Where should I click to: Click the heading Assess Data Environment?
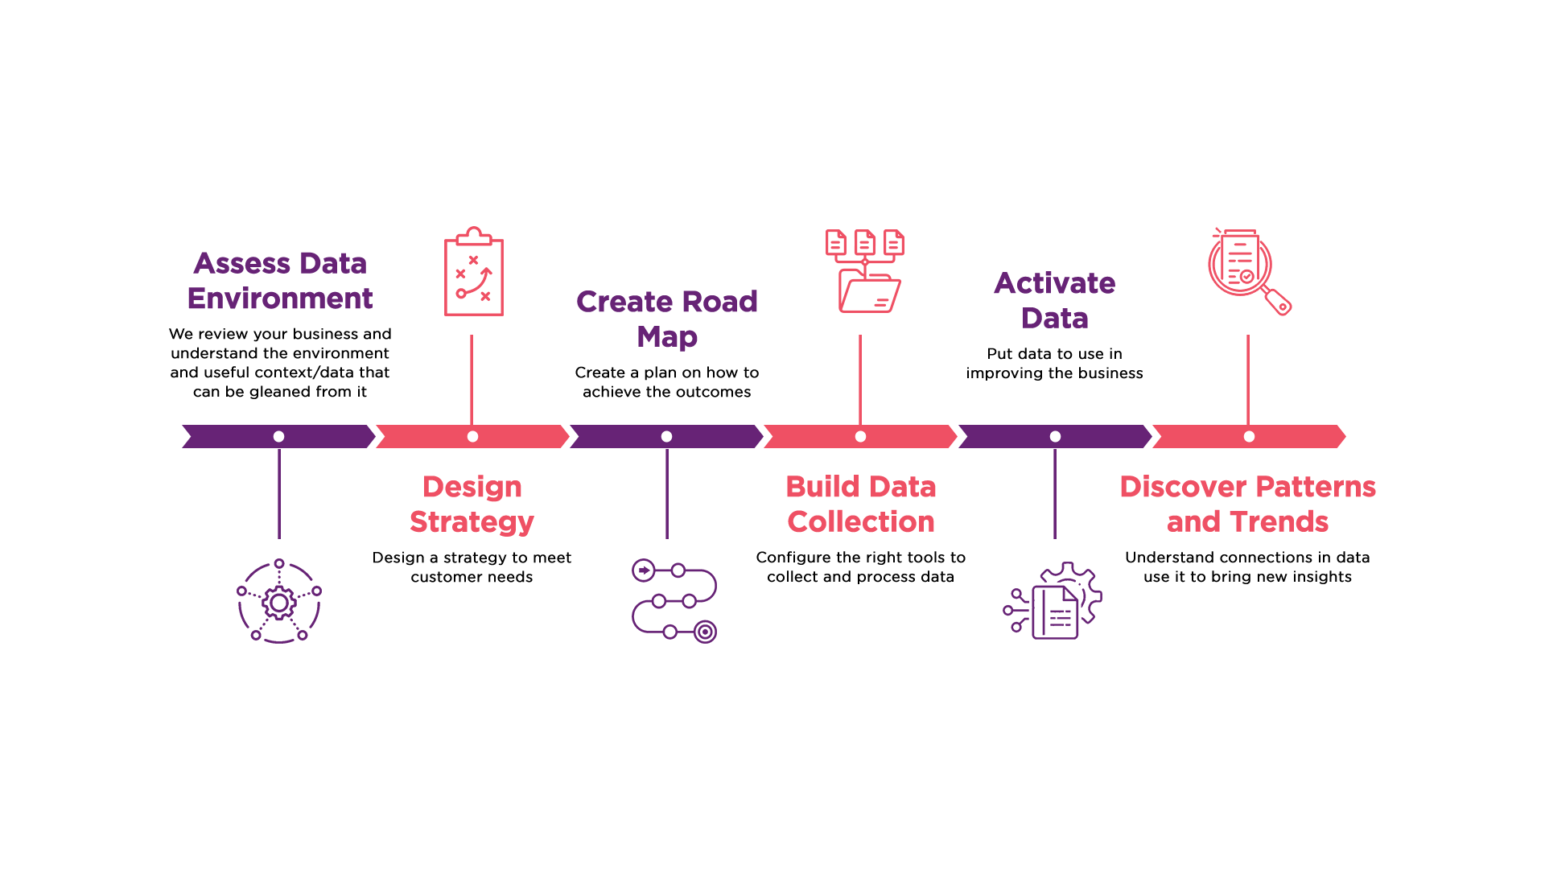click(280, 281)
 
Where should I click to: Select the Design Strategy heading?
click(472, 505)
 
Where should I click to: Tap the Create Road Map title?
click(667, 319)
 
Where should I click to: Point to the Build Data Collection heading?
click(861, 505)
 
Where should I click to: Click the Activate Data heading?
click(1054, 300)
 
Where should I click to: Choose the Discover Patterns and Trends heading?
click(1247, 505)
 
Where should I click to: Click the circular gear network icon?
click(279, 601)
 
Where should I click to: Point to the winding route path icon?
click(674, 601)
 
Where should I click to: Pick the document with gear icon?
click(1053, 601)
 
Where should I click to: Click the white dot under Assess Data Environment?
click(278, 436)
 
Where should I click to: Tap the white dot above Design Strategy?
click(472, 436)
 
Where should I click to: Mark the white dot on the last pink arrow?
click(1249, 436)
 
